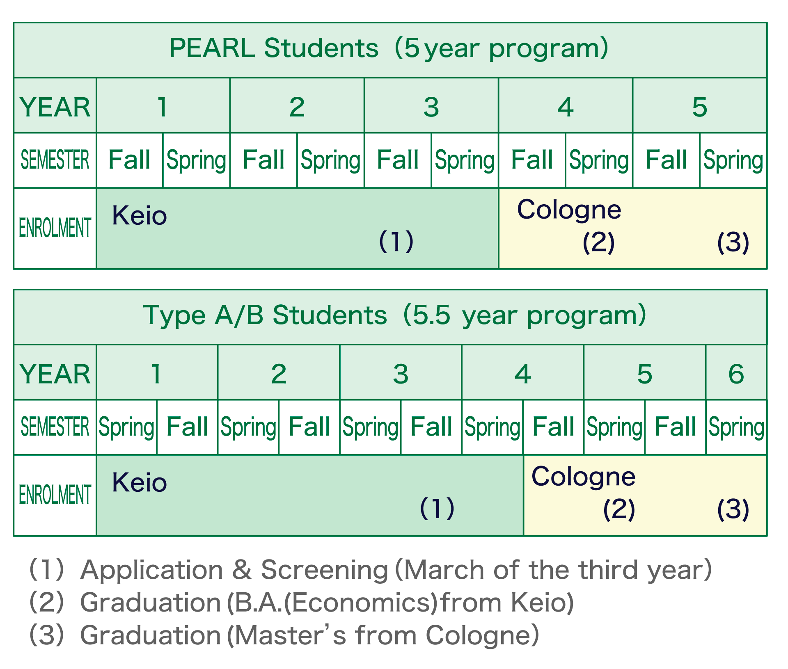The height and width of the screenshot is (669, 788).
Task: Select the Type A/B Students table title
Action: [x=394, y=315]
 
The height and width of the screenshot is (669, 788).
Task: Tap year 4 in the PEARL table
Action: [x=565, y=107]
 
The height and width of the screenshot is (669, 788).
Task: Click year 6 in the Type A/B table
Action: [x=736, y=374]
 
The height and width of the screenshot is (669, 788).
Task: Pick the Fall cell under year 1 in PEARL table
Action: [x=129, y=160]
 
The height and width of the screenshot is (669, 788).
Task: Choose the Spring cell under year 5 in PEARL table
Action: [x=733, y=160]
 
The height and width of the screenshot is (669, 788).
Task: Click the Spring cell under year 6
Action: [x=736, y=427]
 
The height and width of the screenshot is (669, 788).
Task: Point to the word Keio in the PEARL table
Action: [x=139, y=215]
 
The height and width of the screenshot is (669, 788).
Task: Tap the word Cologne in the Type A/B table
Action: [x=583, y=476]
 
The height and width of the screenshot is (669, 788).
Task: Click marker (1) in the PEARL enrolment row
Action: [x=396, y=241]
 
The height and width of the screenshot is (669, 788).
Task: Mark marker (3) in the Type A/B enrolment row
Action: [x=733, y=509]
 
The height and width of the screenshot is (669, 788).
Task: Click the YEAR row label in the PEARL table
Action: [x=55, y=107]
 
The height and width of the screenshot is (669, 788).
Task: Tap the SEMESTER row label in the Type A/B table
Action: [x=55, y=427]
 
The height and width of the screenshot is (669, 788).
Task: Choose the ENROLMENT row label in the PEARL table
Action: [x=55, y=228]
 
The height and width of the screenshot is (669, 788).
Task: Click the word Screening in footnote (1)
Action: [x=324, y=570]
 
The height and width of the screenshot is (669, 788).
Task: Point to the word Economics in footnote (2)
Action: [x=361, y=603]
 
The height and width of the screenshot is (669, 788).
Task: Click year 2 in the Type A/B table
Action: [x=279, y=374]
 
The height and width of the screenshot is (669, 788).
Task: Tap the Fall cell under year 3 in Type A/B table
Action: [x=431, y=427]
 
